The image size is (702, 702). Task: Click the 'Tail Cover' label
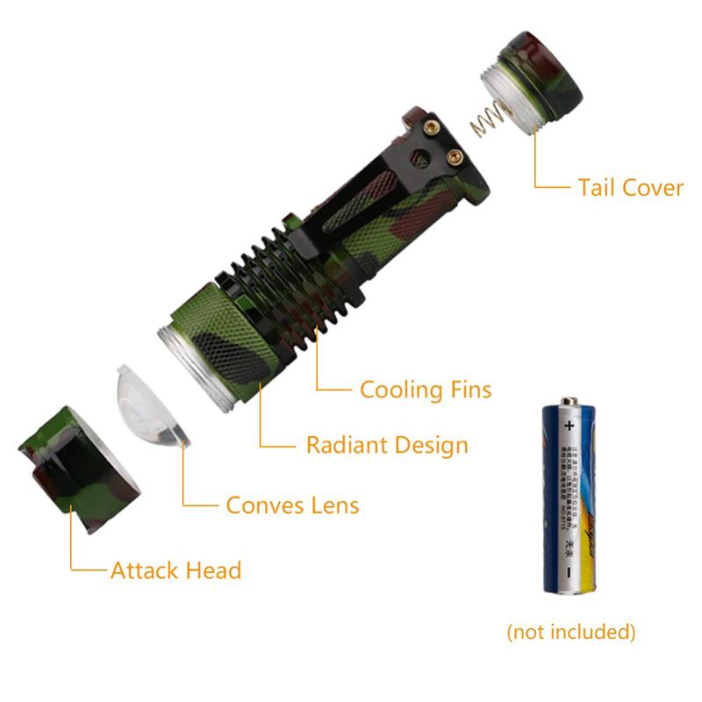(630, 187)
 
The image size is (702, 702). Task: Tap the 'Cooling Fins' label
(426, 389)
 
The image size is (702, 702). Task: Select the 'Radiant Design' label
(386, 445)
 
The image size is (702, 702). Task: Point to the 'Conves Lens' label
(292, 505)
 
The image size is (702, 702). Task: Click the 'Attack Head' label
(175, 570)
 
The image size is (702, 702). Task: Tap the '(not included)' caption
(571, 631)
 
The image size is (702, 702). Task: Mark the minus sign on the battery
(568, 571)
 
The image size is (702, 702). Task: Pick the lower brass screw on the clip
(454, 157)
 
